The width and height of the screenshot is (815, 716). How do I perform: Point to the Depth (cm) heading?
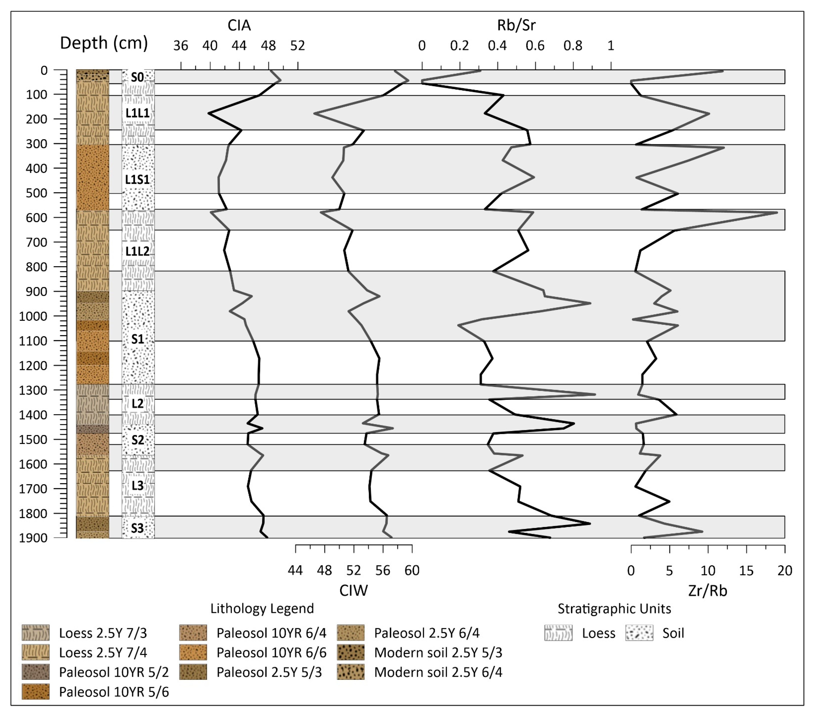(x=104, y=43)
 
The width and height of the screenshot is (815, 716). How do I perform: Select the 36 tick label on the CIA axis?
(x=181, y=46)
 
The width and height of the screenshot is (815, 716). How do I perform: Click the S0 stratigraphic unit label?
(x=138, y=77)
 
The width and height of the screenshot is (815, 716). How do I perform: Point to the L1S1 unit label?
(x=138, y=180)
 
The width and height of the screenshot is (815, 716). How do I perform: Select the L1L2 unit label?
(x=138, y=251)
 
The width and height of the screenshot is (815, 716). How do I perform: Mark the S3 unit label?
(x=138, y=528)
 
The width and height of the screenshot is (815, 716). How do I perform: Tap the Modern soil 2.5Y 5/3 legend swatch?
(x=350, y=653)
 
